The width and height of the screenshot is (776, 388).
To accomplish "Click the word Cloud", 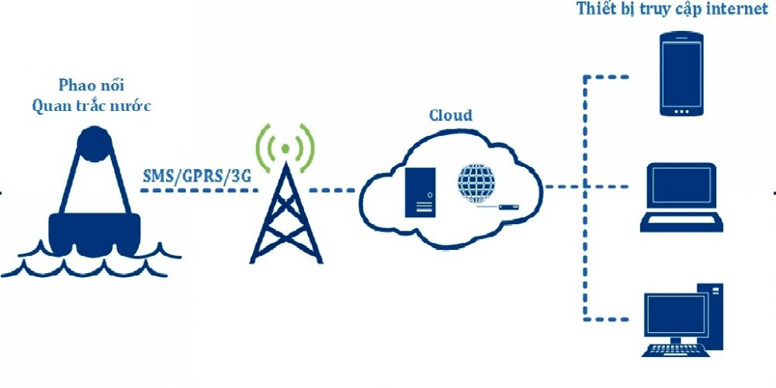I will tap(450, 116).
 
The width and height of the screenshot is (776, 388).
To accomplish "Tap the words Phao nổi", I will tap(91, 84).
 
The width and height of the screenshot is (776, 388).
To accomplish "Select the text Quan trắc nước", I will tap(91, 106).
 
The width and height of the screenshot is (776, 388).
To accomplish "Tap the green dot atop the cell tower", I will tap(285, 147).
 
